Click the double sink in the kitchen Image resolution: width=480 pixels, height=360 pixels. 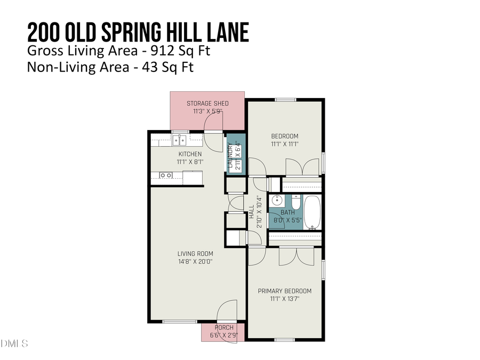pyautogui.click(x=179, y=141)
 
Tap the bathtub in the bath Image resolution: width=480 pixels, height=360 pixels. pyautogui.click(x=311, y=212)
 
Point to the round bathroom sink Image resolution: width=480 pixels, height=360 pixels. pyautogui.click(x=277, y=202)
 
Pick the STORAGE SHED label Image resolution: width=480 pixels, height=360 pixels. pyautogui.click(x=207, y=103)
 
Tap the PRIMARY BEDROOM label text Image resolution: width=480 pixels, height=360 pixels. pyautogui.click(x=284, y=291)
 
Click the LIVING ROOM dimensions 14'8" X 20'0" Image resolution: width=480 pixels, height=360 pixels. pyautogui.click(x=195, y=262)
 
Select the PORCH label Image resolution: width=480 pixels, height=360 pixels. pyautogui.click(x=223, y=327)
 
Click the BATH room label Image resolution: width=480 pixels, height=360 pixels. pyautogui.click(x=287, y=212)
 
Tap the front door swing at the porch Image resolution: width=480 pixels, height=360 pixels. pyautogui.click(x=227, y=310)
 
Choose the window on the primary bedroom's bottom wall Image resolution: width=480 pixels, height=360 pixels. pyautogui.click(x=284, y=340)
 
